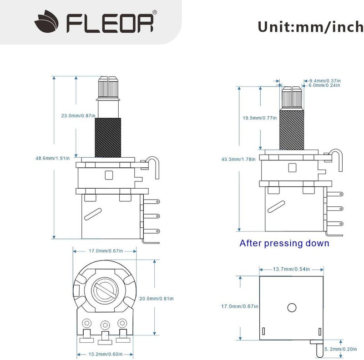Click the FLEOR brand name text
pos(111,23)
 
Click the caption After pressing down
pos(284,243)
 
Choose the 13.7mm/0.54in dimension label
pos(291,270)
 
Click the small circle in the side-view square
pos(291,308)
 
